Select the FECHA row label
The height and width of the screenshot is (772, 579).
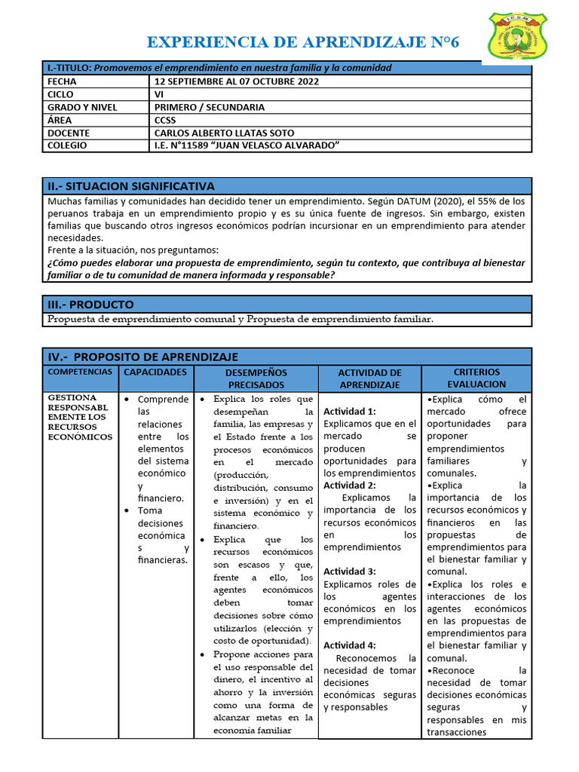[x=62, y=81]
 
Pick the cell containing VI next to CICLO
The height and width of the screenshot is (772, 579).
[x=159, y=94]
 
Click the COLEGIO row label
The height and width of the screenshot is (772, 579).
[x=67, y=146]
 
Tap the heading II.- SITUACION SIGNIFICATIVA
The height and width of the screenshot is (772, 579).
[x=131, y=186]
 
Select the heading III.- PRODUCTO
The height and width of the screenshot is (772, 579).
[x=90, y=305]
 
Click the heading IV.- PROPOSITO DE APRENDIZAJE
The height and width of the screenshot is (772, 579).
[x=143, y=357]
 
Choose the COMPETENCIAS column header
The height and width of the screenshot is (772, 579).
[x=80, y=372]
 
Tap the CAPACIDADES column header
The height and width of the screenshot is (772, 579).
[x=155, y=372]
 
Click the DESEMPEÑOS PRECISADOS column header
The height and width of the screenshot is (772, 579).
[x=256, y=378]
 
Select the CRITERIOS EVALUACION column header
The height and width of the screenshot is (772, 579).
[x=476, y=378]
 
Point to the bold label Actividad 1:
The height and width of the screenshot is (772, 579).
[x=349, y=412]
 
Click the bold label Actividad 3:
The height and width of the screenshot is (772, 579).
[x=349, y=571]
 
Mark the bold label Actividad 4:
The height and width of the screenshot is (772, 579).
[x=349, y=645]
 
